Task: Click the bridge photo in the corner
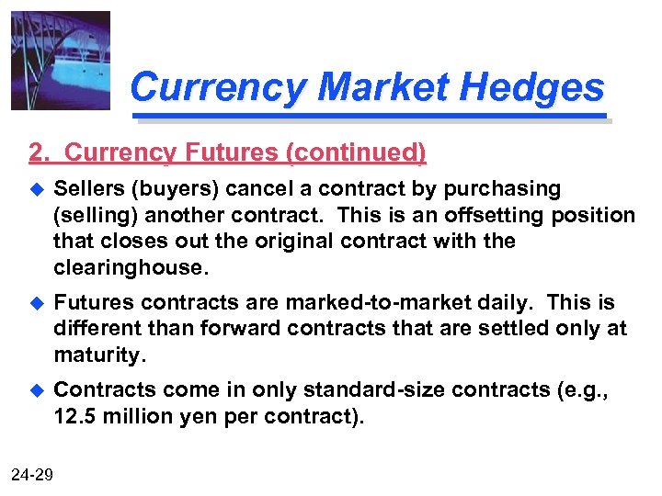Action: (x=61, y=61)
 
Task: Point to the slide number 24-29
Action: (x=32, y=475)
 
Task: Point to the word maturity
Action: (x=98, y=354)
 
